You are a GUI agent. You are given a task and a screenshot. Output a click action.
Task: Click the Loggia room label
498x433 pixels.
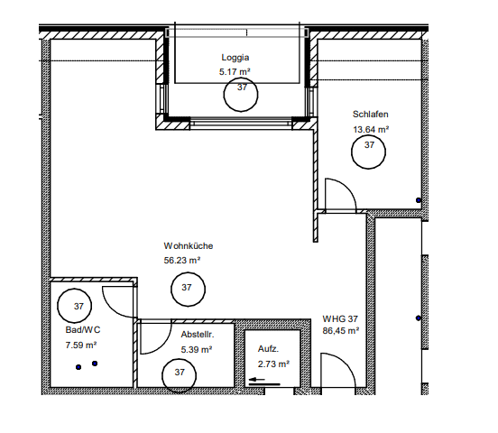pyautogui.click(x=235, y=58)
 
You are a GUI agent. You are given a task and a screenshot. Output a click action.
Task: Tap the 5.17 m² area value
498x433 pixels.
pyautogui.click(x=235, y=72)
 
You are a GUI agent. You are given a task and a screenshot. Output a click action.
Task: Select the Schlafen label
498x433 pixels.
pyautogui.click(x=370, y=115)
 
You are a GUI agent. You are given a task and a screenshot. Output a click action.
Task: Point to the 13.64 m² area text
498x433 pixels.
pyautogui.click(x=371, y=130)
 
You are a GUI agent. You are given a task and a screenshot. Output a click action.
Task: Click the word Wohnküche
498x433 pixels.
pyautogui.click(x=189, y=246)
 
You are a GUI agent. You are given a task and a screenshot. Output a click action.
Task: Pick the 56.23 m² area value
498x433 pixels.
pyautogui.click(x=182, y=261)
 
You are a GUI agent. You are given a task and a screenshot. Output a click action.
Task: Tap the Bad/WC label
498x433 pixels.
pyautogui.click(x=83, y=330)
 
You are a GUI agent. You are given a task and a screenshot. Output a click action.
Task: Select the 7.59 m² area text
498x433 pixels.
pyautogui.click(x=81, y=345)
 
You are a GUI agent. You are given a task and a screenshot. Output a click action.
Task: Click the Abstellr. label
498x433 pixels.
pyautogui.click(x=198, y=335)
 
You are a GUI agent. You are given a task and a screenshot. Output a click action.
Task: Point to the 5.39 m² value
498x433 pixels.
pyautogui.click(x=197, y=350)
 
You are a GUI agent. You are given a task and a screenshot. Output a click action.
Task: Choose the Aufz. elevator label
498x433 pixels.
pyautogui.click(x=268, y=349)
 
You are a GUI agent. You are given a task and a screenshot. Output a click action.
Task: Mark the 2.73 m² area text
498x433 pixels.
pyautogui.click(x=273, y=364)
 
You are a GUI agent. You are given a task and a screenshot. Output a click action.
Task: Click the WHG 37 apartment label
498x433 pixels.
pyautogui.click(x=340, y=319)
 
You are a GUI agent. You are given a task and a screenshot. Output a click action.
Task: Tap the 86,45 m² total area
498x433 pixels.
pyautogui.click(x=341, y=331)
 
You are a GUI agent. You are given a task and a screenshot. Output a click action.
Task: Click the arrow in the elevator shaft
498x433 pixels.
pyautogui.click(x=257, y=379)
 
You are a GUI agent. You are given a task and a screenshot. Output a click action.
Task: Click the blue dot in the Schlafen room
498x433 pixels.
pyautogui.click(x=419, y=200)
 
